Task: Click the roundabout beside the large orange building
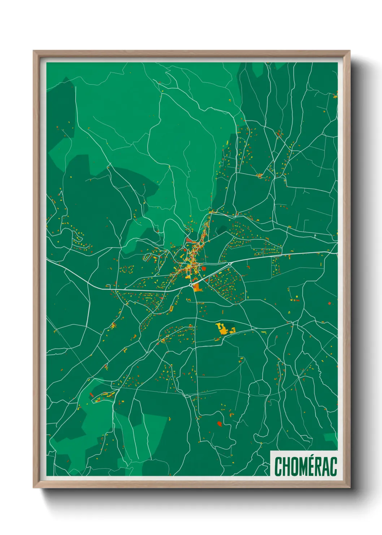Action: (191, 285)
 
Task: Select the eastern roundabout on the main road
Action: (230, 264)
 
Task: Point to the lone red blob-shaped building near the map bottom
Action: (219, 423)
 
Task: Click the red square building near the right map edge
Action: (329, 303)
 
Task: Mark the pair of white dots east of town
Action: (315, 236)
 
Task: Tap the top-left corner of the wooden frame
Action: (34, 51)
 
